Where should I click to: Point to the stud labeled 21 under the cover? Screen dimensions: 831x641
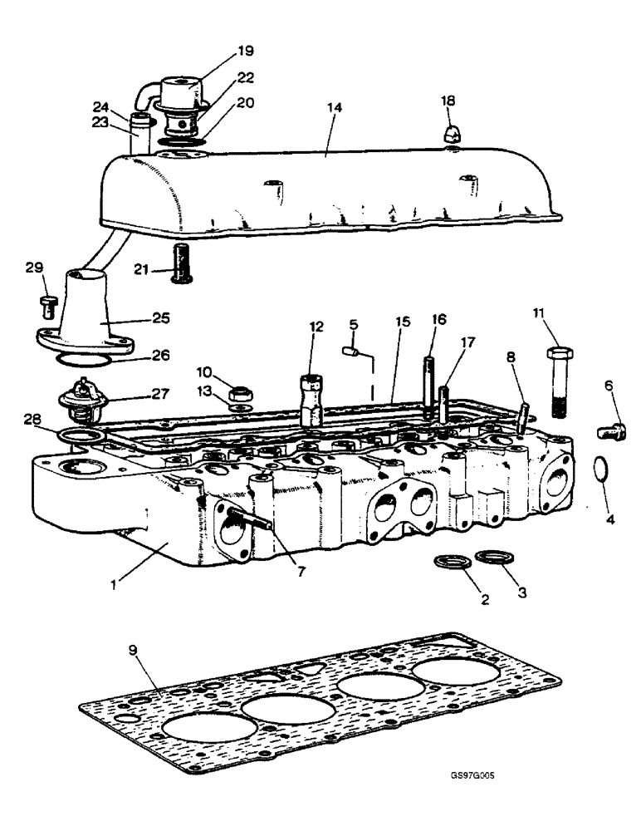click(x=180, y=262)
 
